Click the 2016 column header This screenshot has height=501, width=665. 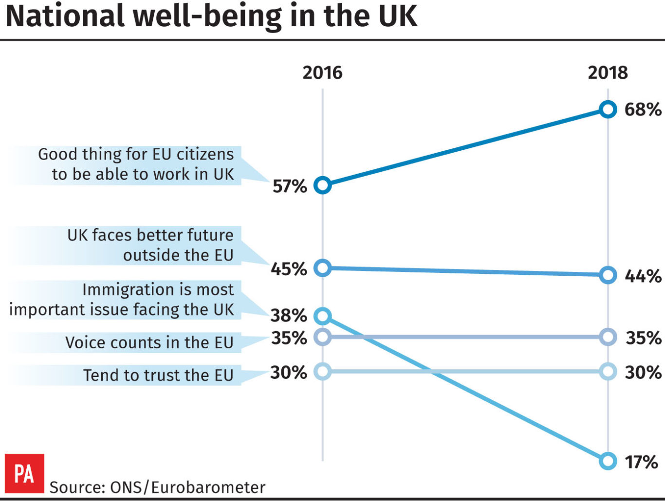(x=322, y=72)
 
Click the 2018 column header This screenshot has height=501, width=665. (x=608, y=72)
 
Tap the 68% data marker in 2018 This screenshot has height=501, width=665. (x=608, y=109)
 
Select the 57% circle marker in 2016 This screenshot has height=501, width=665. (x=322, y=185)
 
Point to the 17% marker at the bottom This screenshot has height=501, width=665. (x=608, y=461)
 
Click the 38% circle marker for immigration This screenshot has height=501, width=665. (x=322, y=316)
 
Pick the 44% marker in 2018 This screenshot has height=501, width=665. (x=608, y=275)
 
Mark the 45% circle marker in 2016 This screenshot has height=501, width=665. (x=322, y=268)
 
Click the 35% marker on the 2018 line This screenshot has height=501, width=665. (x=608, y=337)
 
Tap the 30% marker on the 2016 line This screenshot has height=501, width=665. (x=322, y=372)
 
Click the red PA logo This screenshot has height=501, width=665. (x=24, y=473)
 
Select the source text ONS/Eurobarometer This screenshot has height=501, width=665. (x=158, y=487)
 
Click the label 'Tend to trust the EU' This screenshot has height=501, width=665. (x=158, y=375)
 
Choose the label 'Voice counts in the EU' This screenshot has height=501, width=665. (x=149, y=342)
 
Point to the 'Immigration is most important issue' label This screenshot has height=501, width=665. (x=122, y=300)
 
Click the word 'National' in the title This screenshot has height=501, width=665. (x=65, y=16)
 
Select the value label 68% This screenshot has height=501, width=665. (x=643, y=109)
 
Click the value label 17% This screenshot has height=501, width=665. (x=642, y=462)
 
